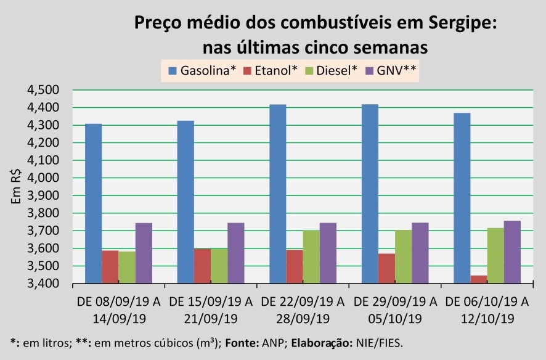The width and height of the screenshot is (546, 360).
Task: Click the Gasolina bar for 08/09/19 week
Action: [x=93, y=203]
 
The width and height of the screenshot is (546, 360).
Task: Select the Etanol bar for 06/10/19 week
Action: [x=479, y=280]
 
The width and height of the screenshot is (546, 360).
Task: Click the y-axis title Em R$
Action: [x=17, y=187]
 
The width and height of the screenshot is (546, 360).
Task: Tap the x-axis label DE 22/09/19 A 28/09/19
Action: [x=303, y=310]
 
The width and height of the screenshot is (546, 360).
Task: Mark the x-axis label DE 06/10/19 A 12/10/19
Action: [x=487, y=310]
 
